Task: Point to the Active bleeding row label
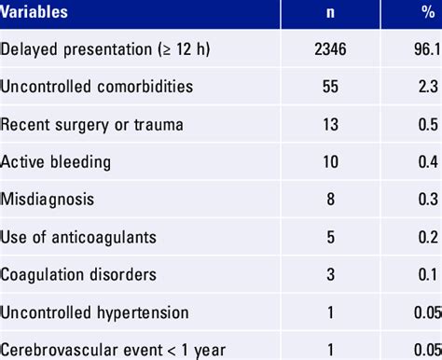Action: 56,161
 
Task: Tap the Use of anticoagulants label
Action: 78,236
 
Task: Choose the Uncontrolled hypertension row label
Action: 94,312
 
